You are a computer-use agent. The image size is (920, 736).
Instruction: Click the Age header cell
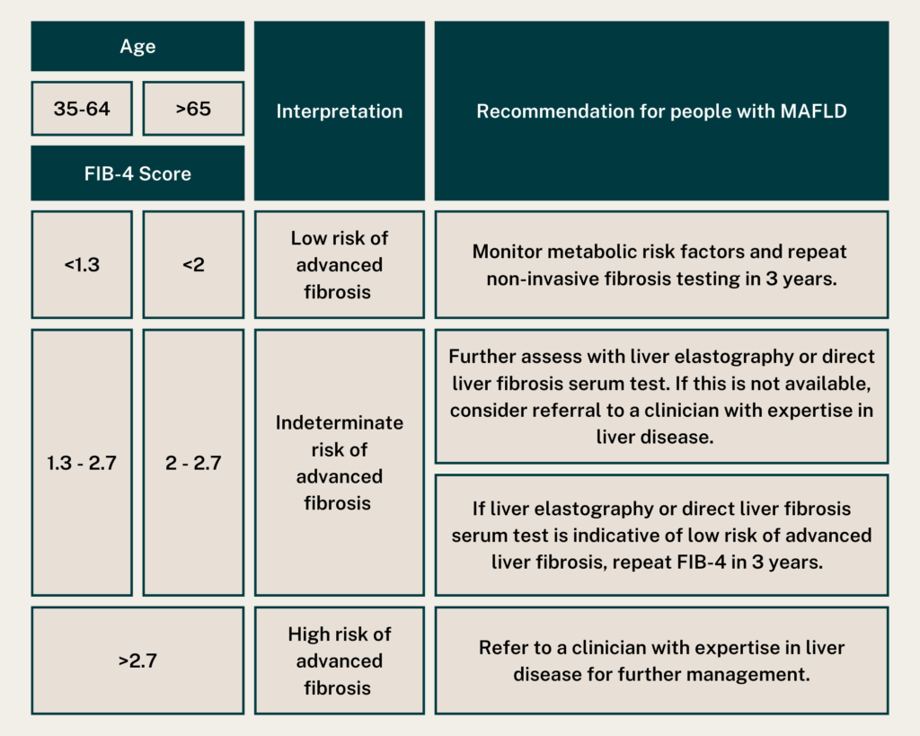point(137,47)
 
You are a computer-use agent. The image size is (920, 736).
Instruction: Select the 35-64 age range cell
point(82,109)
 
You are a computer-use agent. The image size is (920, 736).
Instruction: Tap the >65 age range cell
point(193,109)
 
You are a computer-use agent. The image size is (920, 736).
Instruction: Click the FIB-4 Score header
point(137,173)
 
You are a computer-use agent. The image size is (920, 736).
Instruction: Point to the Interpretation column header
point(339,111)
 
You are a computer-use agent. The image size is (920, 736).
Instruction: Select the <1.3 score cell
point(82,265)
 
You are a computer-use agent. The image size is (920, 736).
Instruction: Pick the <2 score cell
point(193,265)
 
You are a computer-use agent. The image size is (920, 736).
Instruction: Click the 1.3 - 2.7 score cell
point(82,463)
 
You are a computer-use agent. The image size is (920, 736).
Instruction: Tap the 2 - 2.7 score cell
point(193,463)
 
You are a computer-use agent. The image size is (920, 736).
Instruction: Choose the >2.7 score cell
point(137,661)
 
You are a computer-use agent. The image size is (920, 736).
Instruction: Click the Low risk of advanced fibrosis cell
point(339,265)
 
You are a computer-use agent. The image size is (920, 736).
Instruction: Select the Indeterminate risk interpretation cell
point(339,463)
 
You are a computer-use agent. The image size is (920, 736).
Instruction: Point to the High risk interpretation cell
point(339,661)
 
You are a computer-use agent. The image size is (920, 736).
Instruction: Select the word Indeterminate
point(339,422)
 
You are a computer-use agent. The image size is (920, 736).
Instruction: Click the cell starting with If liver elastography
point(661,536)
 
